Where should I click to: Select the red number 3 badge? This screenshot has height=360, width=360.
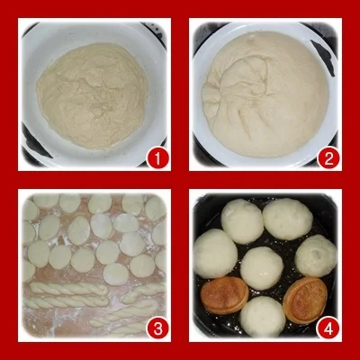coord(157,328)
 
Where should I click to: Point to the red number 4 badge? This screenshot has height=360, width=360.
coord(328,328)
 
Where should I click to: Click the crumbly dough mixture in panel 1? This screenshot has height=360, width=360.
coord(93,96)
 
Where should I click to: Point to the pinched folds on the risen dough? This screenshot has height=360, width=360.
coord(237,87)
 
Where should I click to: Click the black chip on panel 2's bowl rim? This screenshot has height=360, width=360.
coord(323,57)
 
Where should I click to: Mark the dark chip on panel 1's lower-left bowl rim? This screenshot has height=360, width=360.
coord(36,142)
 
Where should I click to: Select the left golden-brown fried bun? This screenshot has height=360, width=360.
coord(225,295)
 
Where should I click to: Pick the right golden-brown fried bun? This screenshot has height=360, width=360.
coord(305,300)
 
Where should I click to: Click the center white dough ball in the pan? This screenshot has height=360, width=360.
coord(262,268)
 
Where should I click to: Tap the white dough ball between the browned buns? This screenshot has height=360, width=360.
coord(263,317)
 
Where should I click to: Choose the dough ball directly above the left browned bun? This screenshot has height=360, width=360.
coord(215,253)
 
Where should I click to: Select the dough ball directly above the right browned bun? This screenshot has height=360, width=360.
coord(316,256)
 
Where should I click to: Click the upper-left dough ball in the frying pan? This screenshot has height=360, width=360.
coord(242,221)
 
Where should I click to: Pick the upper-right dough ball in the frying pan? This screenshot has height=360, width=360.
coord(287,219)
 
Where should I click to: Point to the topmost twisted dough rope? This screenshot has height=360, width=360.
coord(69,289)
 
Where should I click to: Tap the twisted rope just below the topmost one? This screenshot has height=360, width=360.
coord(66,301)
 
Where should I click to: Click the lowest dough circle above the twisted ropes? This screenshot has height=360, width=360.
coord(116,274)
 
